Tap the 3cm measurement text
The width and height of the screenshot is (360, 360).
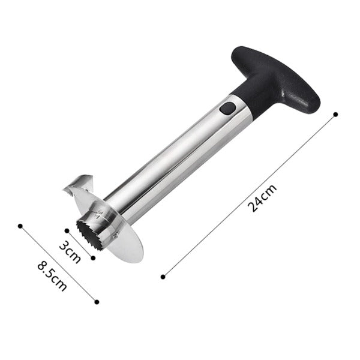pos(70,251)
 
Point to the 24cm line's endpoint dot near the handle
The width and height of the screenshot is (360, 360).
pos(335,113)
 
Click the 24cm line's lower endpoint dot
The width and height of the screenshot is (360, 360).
pos(163,277)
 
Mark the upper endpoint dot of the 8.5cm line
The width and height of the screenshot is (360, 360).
pos(20,226)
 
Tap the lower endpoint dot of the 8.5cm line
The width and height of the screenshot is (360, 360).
pos(96,302)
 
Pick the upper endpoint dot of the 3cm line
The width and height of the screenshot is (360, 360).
pos(65,229)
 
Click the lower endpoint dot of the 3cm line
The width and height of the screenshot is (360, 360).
pos(93,257)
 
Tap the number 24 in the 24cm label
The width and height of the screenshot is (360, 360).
pos(257,202)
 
